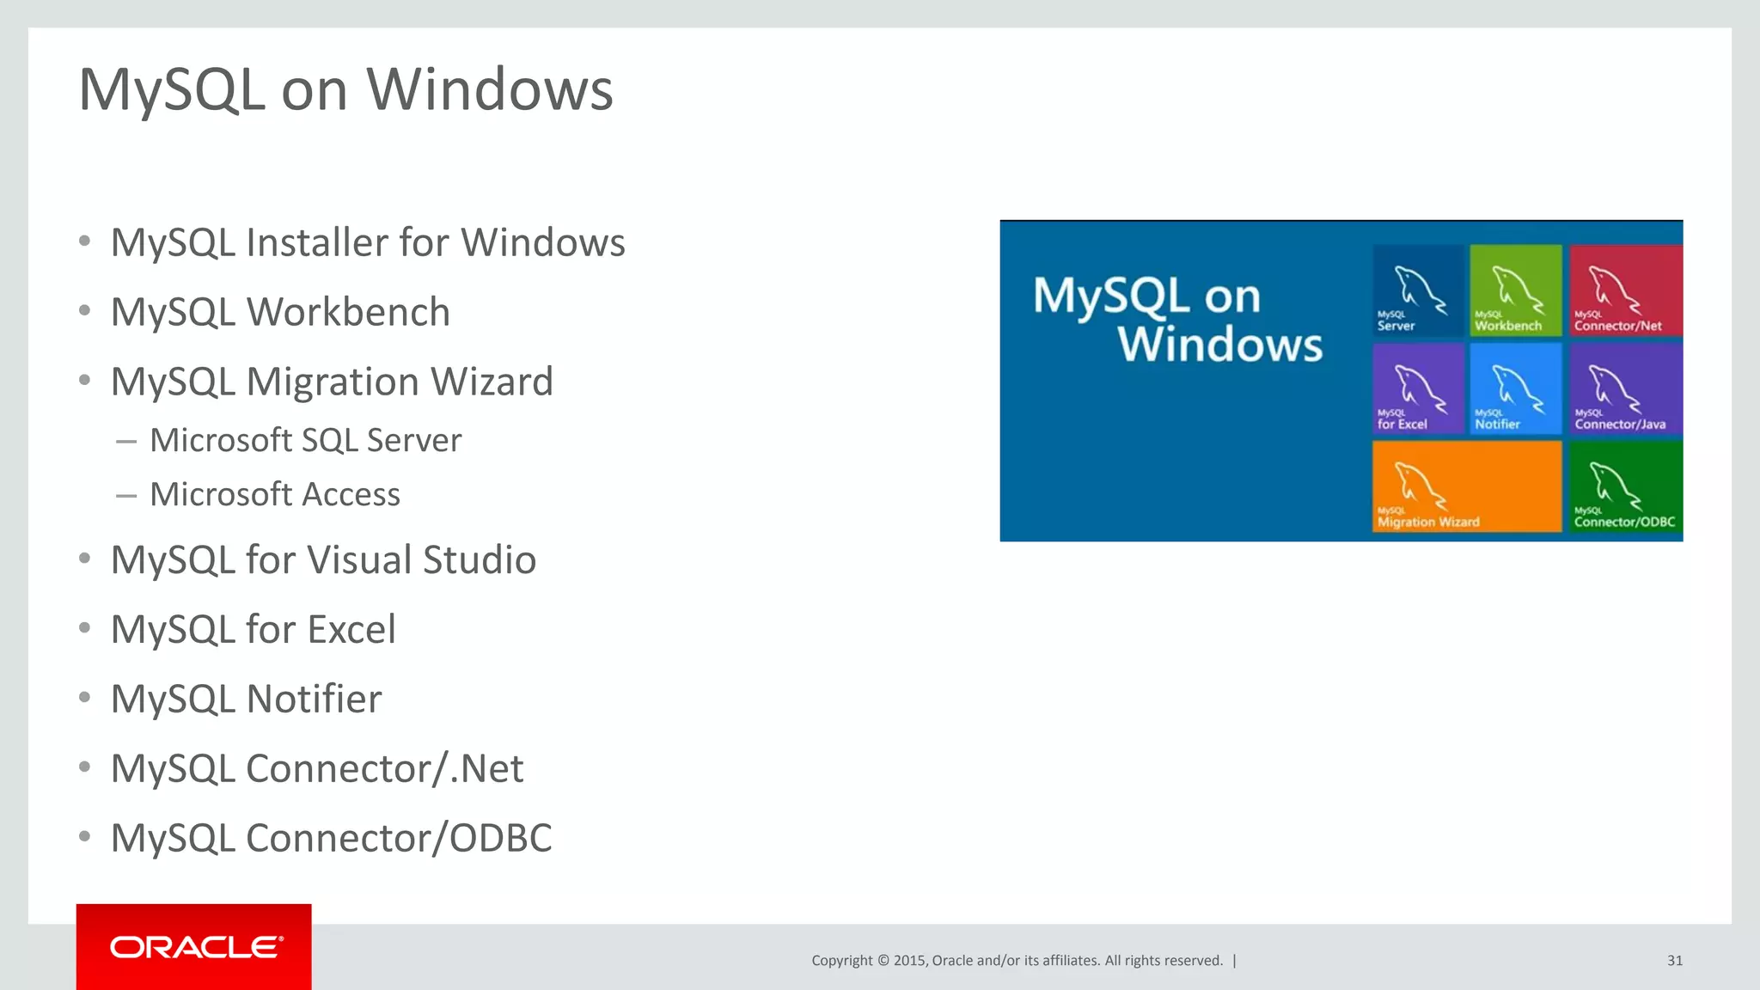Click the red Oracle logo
[x=194, y=946]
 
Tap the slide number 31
[x=1674, y=960]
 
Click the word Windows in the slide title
[x=490, y=89]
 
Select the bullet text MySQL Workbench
[x=280, y=312]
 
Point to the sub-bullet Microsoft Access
[x=274, y=494]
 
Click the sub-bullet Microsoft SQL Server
[x=305, y=440]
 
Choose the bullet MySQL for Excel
[x=253, y=629]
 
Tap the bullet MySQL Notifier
[x=246, y=699]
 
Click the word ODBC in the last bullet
[x=500, y=838]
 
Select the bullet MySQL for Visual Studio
[x=323, y=559]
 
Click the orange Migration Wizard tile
[x=1466, y=486]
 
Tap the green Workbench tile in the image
[x=1515, y=290]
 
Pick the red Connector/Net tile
[x=1625, y=290]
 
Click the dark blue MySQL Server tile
[x=1417, y=290]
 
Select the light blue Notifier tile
[x=1515, y=388]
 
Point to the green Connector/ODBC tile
[x=1625, y=486]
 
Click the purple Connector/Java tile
[x=1625, y=388]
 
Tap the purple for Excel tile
[x=1417, y=388]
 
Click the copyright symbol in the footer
[x=883, y=961]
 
